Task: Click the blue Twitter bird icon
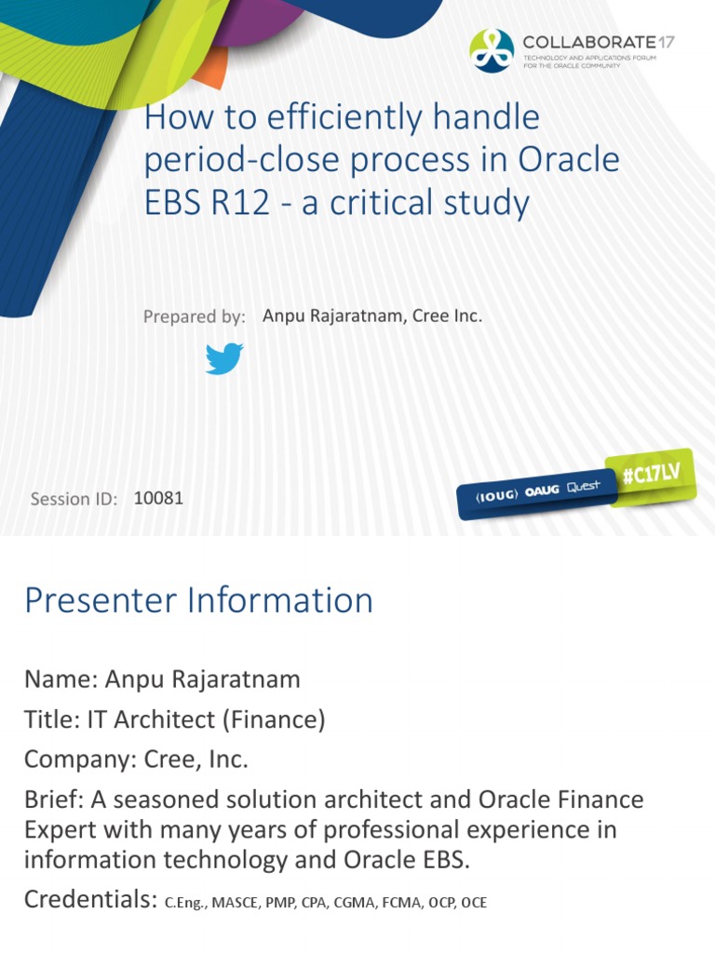(x=224, y=358)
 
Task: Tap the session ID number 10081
(x=158, y=498)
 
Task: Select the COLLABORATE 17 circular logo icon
(x=492, y=50)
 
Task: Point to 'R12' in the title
(x=245, y=203)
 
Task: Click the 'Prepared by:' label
(x=194, y=317)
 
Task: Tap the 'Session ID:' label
(x=74, y=499)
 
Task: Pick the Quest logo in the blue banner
(x=579, y=487)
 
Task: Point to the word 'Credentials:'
(x=89, y=900)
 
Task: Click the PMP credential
(x=279, y=903)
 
